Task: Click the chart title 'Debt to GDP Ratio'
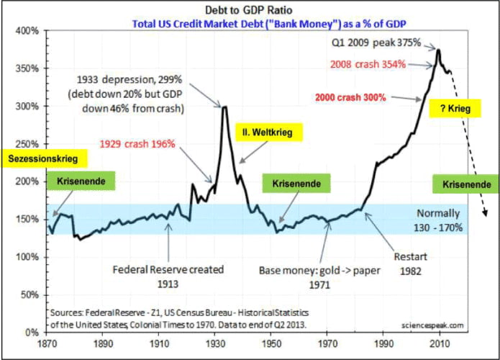[248, 10]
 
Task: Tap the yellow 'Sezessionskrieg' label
[43, 158]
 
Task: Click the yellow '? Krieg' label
[455, 109]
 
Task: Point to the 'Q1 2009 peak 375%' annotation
[376, 42]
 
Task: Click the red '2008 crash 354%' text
[368, 64]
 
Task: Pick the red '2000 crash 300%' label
[350, 97]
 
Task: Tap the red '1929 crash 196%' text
[137, 144]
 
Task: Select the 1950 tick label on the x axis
[271, 343]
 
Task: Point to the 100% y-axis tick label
[27, 257]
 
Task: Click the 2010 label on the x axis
[440, 343]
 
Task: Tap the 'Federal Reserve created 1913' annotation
[168, 276]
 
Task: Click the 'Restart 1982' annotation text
[410, 264]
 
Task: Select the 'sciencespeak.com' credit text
[432, 325]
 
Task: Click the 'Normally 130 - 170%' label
[438, 220]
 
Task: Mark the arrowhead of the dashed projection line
[486, 213]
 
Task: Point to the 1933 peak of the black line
[224, 107]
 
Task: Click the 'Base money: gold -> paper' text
[319, 271]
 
